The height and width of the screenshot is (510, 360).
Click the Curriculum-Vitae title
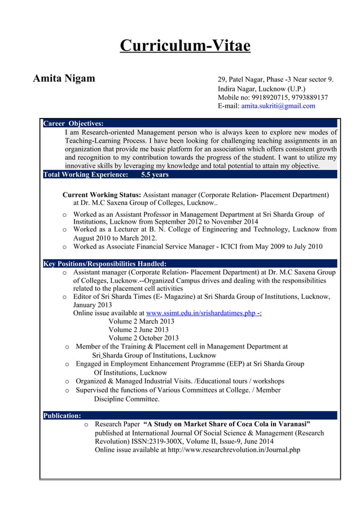point(185,45)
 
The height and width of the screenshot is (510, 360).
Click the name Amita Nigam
point(64,78)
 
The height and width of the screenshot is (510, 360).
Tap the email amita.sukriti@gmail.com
point(278,106)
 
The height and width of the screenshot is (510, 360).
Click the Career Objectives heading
point(73,123)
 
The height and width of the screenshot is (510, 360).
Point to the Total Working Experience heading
point(86,175)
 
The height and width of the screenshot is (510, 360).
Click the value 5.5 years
point(155,175)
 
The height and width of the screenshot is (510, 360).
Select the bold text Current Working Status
point(102,195)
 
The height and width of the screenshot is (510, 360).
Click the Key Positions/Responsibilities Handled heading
point(105,263)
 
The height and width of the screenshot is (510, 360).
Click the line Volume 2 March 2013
point(141,321)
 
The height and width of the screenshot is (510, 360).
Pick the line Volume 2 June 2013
point(138,330)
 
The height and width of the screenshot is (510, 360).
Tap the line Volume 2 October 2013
point(143,338)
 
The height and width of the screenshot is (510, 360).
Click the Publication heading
point(62,416)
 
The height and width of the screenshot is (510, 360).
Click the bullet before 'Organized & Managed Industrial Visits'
point(67,381)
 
